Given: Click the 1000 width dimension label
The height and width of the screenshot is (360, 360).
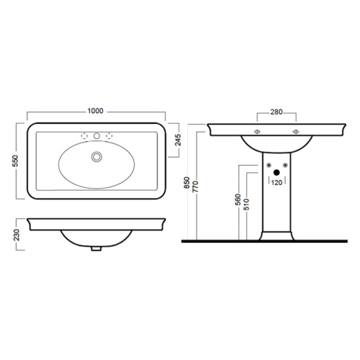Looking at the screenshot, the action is coord(95,111).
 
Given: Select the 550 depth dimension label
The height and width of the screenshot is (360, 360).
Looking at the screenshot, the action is coord(15,161).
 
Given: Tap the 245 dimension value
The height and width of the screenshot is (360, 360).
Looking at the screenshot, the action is coord(178,140).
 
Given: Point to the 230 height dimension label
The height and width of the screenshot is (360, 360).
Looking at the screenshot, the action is coord(17,235).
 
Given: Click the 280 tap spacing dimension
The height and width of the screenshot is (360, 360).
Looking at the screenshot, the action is coord(276,112).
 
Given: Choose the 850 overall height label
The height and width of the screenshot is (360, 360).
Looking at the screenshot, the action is coord(187,182).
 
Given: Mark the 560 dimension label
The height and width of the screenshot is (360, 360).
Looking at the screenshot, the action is coord(238,199).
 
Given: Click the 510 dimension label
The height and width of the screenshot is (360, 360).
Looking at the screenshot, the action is coord(246,204).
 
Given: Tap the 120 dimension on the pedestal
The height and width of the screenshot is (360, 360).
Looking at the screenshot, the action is coord(276,183).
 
